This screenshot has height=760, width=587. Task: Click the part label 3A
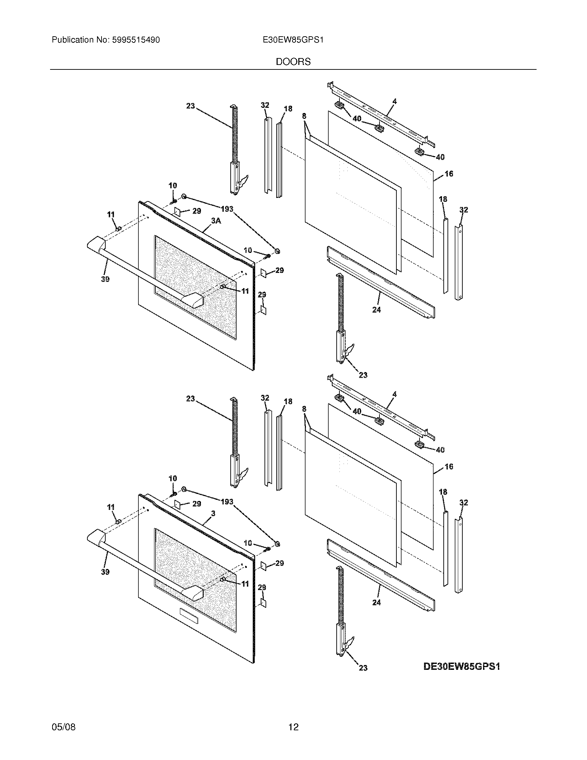[216, 221]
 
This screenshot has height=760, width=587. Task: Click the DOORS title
[293, 62]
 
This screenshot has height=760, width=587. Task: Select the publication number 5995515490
[136, 40]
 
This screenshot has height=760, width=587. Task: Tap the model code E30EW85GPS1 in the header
[293, 40]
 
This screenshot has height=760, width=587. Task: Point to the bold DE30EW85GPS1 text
[461, 666]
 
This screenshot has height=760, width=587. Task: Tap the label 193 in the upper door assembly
[227, 209]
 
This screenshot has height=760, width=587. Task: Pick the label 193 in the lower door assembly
[227, 502]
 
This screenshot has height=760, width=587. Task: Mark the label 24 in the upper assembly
[377, 310]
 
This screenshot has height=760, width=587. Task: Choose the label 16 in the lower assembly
[449, 466]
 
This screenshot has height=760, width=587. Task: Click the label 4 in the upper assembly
[394, 102]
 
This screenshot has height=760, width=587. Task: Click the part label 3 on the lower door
[213, 513]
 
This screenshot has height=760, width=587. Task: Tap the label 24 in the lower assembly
[377, 602]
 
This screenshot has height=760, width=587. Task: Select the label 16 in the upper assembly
[449, 174]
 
